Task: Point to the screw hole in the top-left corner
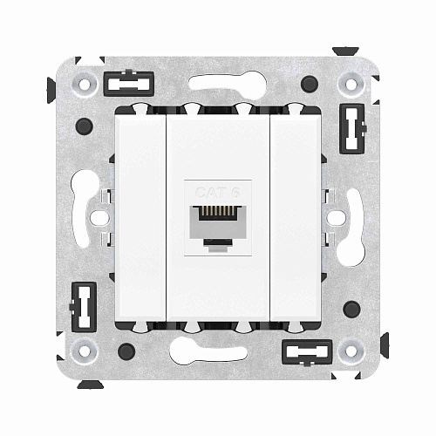point(85,85)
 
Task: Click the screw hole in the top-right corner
point(351,85)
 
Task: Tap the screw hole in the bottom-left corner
point(85,351)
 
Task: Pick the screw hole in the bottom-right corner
point(351,351)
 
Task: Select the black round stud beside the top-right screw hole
point(310,85)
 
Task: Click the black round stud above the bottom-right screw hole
point(351,309)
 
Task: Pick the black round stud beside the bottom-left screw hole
point(126,351)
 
